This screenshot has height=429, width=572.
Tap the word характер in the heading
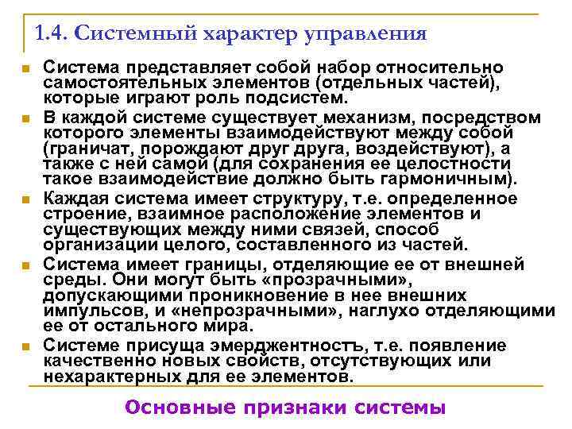(x=253, y=34)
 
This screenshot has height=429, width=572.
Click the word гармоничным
(x=466, y=178)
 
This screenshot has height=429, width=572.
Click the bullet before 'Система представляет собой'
(x=26, y=70)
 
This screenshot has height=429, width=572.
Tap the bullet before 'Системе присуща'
(x=26, y=346)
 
